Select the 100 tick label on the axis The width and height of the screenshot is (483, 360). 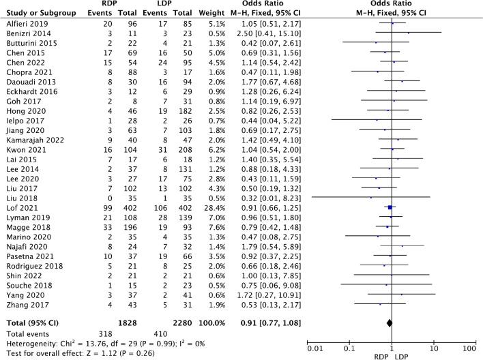tap(469, 349)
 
